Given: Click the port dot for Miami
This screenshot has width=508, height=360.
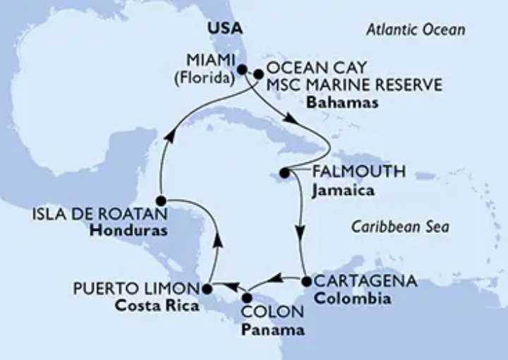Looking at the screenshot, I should click(x=242, y=70).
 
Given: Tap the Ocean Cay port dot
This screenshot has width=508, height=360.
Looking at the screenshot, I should click(x=258, y=73).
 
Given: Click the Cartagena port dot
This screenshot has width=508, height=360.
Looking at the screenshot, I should click(x=306, y=282).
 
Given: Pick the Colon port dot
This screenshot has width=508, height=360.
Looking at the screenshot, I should click(x=246, y=297).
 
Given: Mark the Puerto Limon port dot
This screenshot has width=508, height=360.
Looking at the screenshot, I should click(x=207, y=288).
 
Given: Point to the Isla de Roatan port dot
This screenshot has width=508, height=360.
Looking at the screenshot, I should click(x=161, y=200).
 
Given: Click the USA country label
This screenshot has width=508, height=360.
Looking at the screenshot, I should click(x=225, y=29).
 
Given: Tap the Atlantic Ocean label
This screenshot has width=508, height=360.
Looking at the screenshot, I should click(x=416, y=30).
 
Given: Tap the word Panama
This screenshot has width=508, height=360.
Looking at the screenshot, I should click(x=272, y=329).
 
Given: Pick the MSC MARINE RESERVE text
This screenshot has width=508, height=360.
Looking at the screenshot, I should click(x=353, y=85).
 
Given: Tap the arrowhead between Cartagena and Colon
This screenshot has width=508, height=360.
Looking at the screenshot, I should click(x=277, y=278).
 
